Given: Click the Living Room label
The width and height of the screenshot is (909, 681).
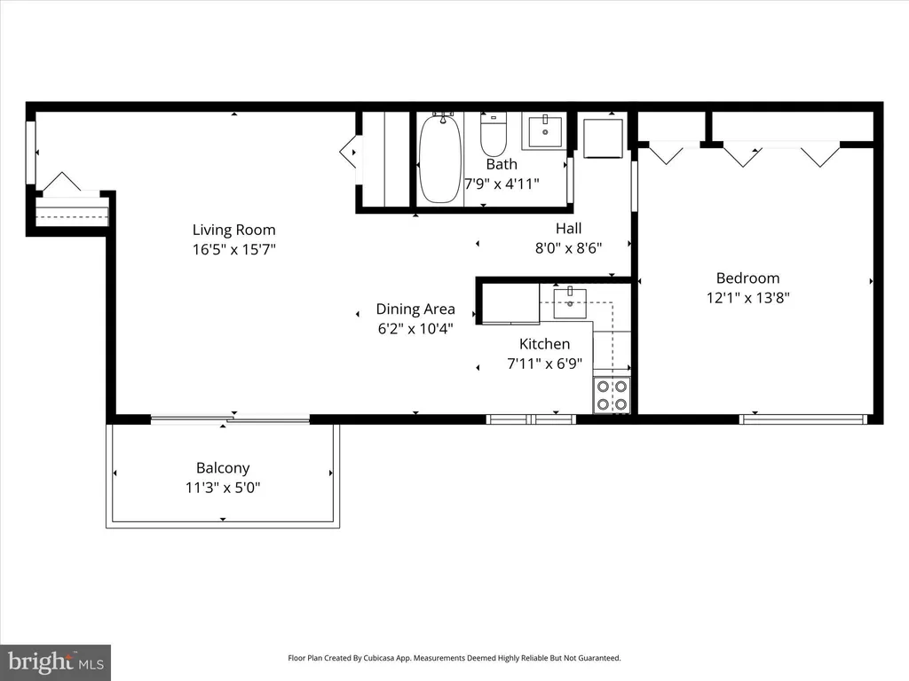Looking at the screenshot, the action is click(233, 230).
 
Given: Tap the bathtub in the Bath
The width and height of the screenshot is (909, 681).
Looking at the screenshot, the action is click(440, 158).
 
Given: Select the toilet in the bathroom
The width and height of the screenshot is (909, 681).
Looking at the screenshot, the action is click(494, 135).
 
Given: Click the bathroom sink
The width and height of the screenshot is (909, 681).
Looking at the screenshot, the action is click(545, 132).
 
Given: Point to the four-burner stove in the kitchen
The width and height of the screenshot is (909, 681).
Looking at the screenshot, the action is click(612, 395).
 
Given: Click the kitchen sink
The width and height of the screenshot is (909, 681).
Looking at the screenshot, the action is click(570, 303).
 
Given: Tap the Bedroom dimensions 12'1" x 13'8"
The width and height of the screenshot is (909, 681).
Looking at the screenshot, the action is click(747, 298).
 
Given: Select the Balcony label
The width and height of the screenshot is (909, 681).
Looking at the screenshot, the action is click(223, 468).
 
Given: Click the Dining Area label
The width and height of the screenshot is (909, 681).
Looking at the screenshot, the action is click(415, 309).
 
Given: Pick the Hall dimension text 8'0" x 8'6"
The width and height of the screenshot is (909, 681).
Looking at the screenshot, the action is click(568, 248).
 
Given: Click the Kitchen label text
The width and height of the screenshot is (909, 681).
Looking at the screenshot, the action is click(544, 344).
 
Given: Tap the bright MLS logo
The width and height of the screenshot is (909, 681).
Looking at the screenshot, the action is click(55, 662).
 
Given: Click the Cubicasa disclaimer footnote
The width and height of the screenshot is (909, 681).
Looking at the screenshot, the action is click(454, 658).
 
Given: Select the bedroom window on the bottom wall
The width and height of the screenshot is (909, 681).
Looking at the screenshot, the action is click(803, 419).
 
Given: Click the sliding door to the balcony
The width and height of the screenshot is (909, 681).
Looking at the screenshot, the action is click(230, 419).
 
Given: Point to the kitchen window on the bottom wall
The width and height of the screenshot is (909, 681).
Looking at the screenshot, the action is click(531, 419).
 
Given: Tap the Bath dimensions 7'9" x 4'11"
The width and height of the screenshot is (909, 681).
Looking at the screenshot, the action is click(502, 184).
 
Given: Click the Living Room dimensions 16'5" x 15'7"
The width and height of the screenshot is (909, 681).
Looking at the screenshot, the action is click(233, 249).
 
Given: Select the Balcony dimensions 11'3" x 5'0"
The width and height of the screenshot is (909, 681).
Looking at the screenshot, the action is click(223, 488).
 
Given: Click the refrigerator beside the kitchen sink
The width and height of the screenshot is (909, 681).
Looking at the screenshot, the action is click(510, 303).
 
